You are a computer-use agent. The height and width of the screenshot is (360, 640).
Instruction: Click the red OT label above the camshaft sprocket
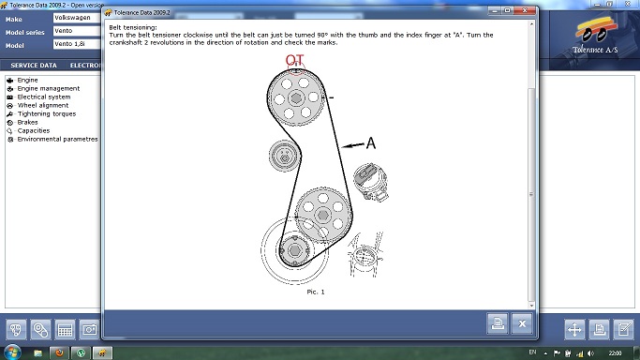(x=294, y=60)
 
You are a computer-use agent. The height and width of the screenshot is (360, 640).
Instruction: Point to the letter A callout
(x=371, y=142)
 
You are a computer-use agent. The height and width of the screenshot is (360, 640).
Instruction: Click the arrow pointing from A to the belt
(x=353, y=145)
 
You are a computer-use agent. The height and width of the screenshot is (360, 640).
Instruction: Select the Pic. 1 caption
(x=316, y=292)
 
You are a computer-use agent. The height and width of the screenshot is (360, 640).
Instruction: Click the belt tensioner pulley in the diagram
(x=285, y=156)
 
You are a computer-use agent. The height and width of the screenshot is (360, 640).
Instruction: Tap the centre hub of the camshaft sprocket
(x=296, y=97)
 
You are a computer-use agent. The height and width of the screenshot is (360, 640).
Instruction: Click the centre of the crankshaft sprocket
(x=294, y=250)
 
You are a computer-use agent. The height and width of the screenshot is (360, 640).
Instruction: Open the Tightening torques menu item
(x=47, y=113)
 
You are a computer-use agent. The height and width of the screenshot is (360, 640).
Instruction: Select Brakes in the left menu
(x=27, y=123)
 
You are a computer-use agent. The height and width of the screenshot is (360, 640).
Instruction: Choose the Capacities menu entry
(x=34, y=130)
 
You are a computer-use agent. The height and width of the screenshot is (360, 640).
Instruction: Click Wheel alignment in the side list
(x=43, y=105)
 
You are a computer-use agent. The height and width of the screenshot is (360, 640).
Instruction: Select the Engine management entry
(x=49, y=88)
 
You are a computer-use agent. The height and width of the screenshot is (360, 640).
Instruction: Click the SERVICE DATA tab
(x=34, y=66)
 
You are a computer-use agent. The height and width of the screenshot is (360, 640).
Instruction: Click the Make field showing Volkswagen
(x=77, y=18)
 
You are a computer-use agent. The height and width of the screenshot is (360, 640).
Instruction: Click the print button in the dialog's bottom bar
(x=498, y=323)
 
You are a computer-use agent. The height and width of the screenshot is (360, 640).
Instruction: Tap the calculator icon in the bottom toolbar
(x=65, y=329)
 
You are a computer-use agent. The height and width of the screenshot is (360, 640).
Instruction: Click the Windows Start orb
(x=12, y=352)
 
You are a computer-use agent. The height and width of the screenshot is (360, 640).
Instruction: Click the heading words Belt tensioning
(x=133, y=27)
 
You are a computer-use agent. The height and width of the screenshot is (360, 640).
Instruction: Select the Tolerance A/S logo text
(x=595, y=50)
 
